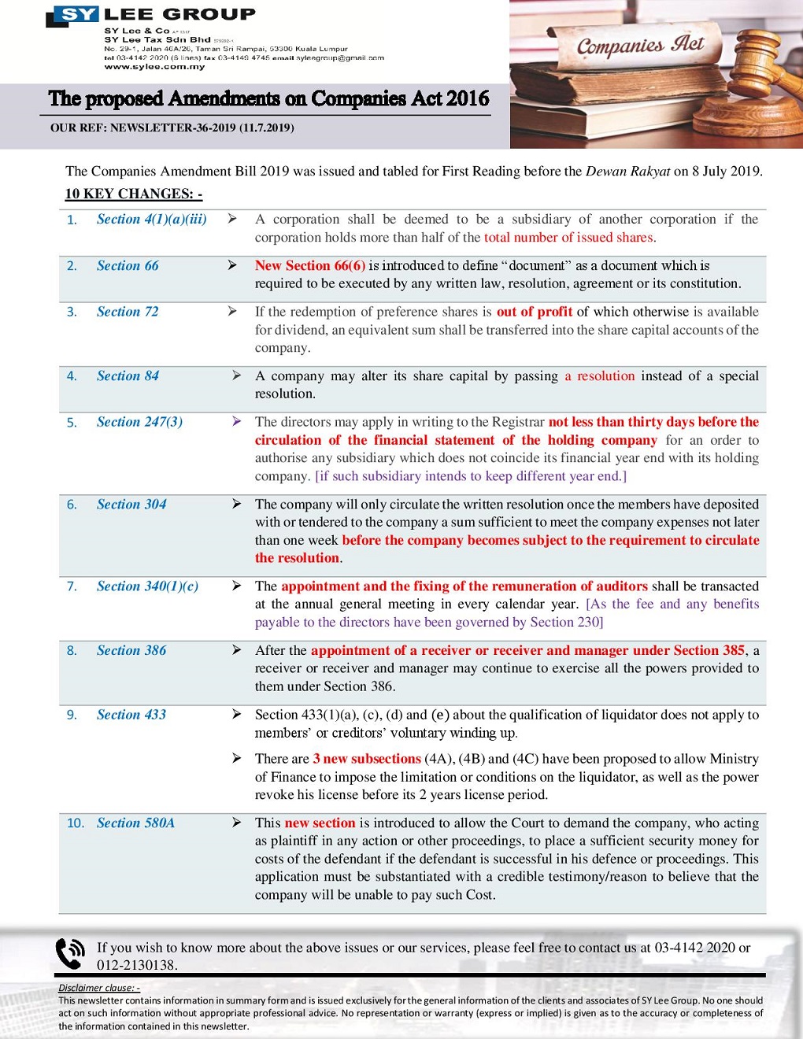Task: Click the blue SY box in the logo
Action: pos(76,14)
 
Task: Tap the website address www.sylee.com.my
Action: pos(154,67)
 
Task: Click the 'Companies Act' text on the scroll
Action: pos(640,46)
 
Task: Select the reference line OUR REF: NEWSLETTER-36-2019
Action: pos(172,128)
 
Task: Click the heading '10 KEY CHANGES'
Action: pos(133,194)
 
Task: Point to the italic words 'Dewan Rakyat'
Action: pos(627,171)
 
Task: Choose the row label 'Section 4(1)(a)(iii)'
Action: pos(151,220)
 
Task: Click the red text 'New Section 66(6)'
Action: pos(309,265)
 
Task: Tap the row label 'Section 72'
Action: pos(127,312)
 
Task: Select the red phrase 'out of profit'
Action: pos(534,312)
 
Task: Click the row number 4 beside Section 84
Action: pos(72,376)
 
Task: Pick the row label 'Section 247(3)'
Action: pos(139,422)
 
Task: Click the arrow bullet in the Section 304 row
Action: pos(236,504)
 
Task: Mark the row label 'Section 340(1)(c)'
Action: pos(147,586)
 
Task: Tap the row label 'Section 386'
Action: pos(131,650)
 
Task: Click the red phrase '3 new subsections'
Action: pos(367,759)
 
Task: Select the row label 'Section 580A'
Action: pos(135,823)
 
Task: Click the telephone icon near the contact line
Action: pos(70,953)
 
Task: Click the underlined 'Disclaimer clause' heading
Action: pos(98,988)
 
